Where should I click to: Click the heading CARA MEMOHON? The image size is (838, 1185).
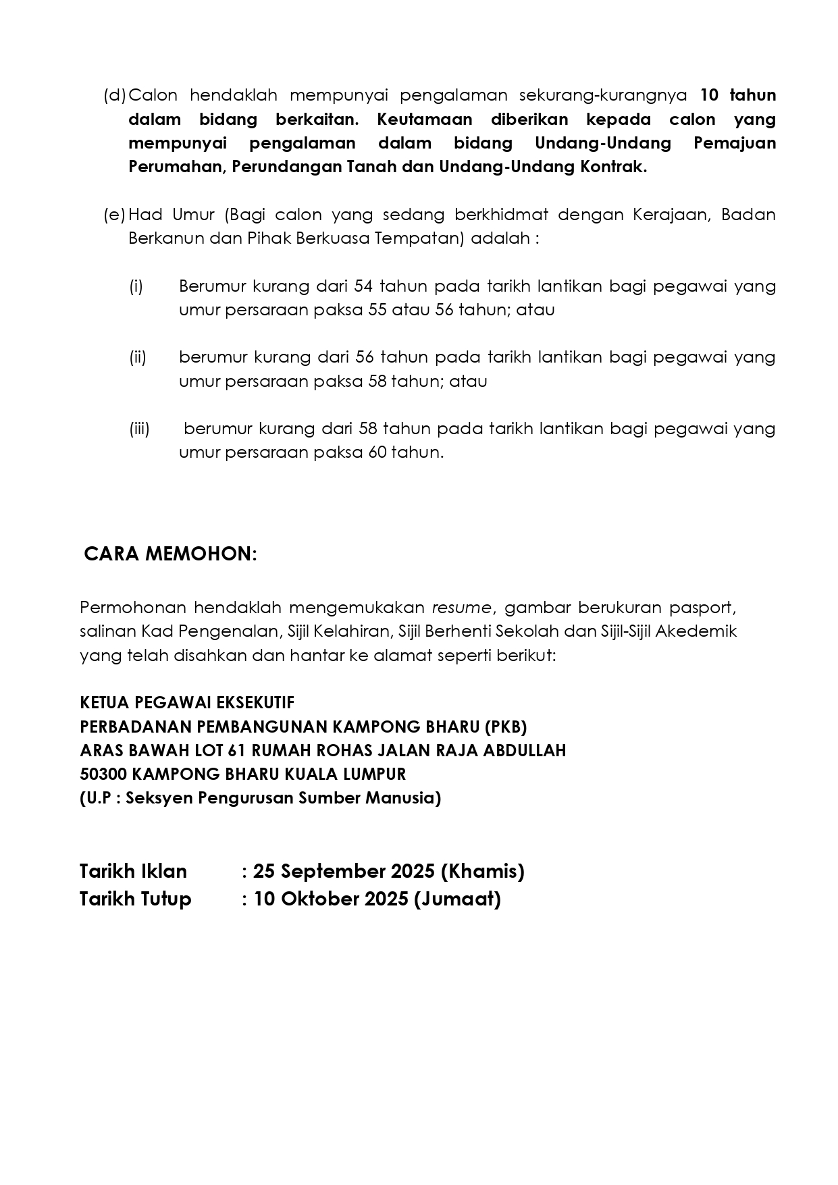click(170, 554)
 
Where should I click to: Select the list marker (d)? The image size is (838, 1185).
click(115, 95)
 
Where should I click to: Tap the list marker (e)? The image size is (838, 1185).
click(115, 215)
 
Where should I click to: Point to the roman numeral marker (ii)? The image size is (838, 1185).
click(138, 357)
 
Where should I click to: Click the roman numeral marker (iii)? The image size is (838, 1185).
click(139, 429)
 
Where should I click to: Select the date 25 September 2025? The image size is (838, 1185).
click(344, 872)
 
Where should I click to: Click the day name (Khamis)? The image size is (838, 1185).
click(482, 872)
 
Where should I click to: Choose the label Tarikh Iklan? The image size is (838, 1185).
click(133, 872)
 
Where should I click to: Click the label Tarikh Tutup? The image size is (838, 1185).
click(135, 899)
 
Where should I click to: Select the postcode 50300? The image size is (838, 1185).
click(99, 774)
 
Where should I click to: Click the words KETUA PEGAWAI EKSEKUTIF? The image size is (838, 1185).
click(187, 703)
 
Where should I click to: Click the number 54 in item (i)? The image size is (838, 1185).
click(363, 286)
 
